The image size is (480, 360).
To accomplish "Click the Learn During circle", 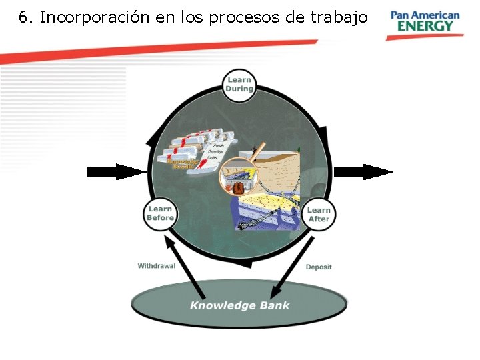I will click(239, 85).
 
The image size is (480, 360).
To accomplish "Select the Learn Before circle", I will click(161, 213).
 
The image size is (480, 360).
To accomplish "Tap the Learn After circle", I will click(319, 214).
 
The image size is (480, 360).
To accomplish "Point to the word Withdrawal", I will click(157, 266).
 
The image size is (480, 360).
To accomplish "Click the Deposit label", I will click(319, 267).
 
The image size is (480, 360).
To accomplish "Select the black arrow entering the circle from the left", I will click(116, 172).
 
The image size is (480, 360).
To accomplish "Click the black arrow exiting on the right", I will click(363, 172).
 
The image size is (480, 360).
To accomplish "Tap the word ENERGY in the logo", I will click(424, 27).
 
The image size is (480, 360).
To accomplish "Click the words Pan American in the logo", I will click(425, 15).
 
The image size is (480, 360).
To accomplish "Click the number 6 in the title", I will click(23, 17).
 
